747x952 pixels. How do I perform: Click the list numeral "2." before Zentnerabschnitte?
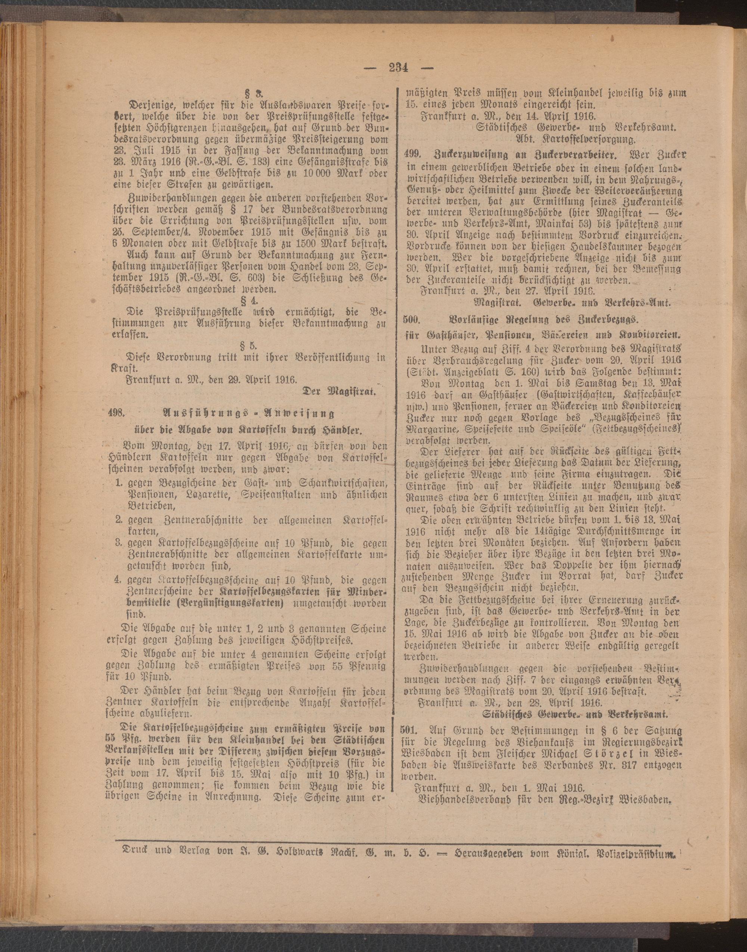click(x=118, y=521)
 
